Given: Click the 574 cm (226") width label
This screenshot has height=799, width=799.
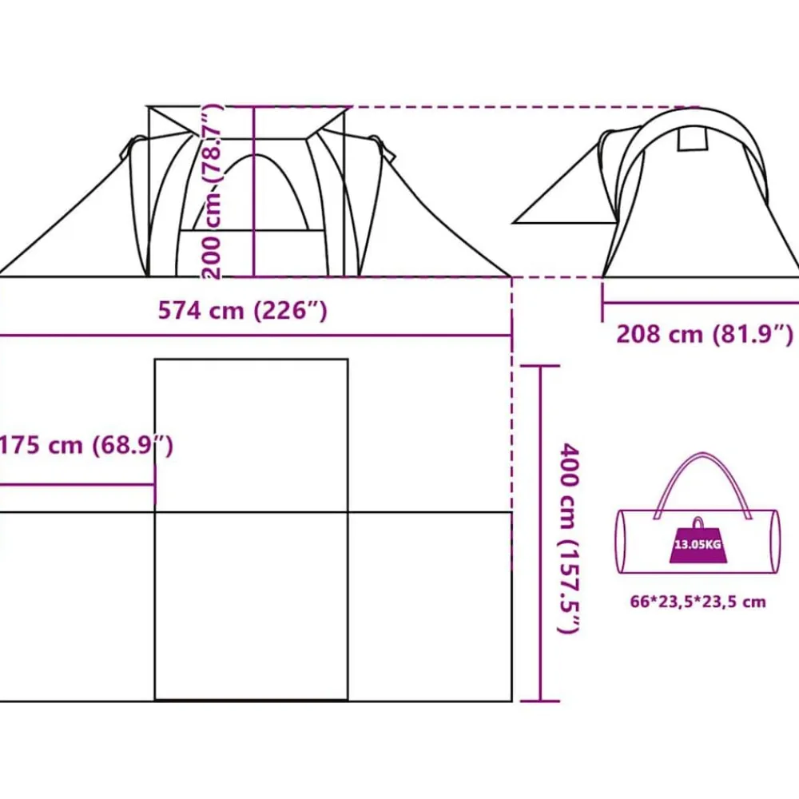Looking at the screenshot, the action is pyautogui.click(x=242, y=310).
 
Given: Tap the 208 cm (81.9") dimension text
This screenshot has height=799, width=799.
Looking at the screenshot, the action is pyautogui.click(x=705, y=334).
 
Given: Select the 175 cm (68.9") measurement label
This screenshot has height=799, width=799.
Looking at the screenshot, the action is pyautogui.click(x=86, y=445).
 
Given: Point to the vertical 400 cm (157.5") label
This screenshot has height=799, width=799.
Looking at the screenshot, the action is pyautogui.click(x=570, y=538).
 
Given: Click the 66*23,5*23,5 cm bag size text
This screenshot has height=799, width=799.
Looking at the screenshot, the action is pyautogui.click(x=698, y=602).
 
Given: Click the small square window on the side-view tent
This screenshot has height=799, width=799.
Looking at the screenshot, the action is pyautogui.click(x=693, y=138).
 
